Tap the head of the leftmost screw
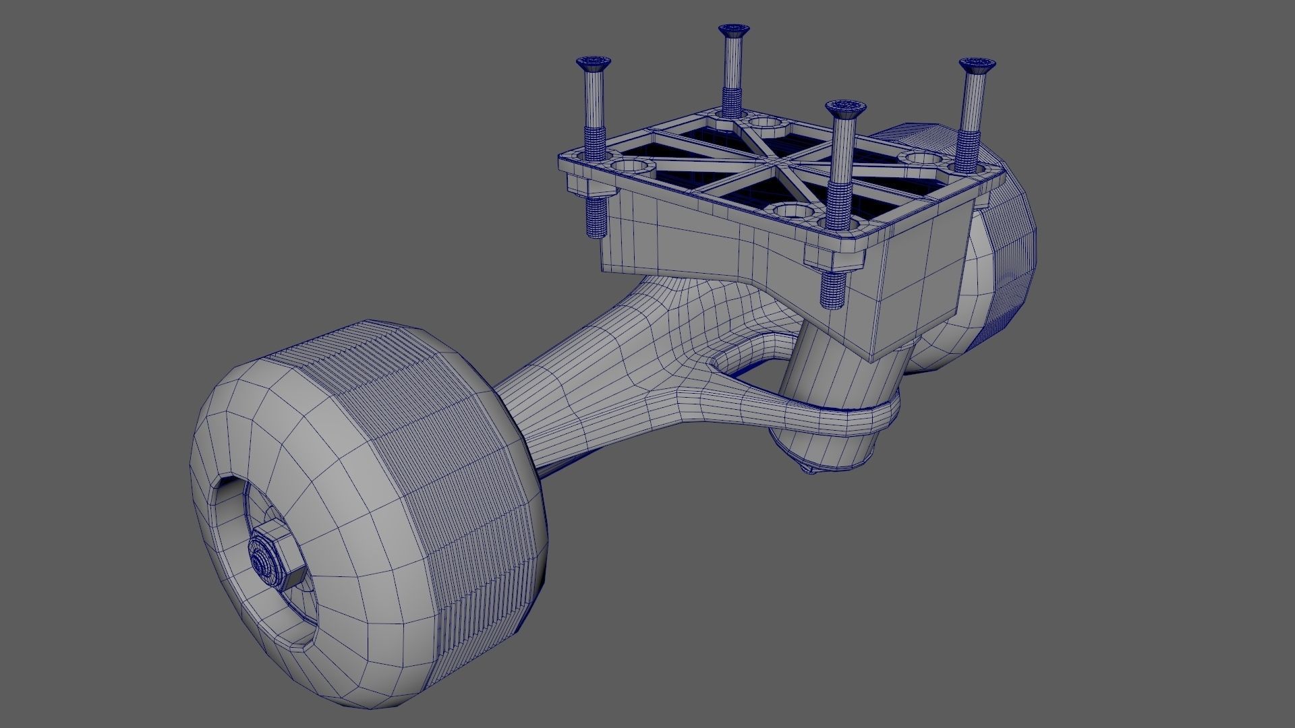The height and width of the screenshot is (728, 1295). (594, 63)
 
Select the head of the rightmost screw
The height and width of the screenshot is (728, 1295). (976, 66)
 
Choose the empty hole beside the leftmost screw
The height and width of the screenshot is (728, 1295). (632, 166)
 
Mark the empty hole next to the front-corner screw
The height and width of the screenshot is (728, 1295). (795, 210)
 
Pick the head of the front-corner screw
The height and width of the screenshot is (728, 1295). (840, 108)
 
